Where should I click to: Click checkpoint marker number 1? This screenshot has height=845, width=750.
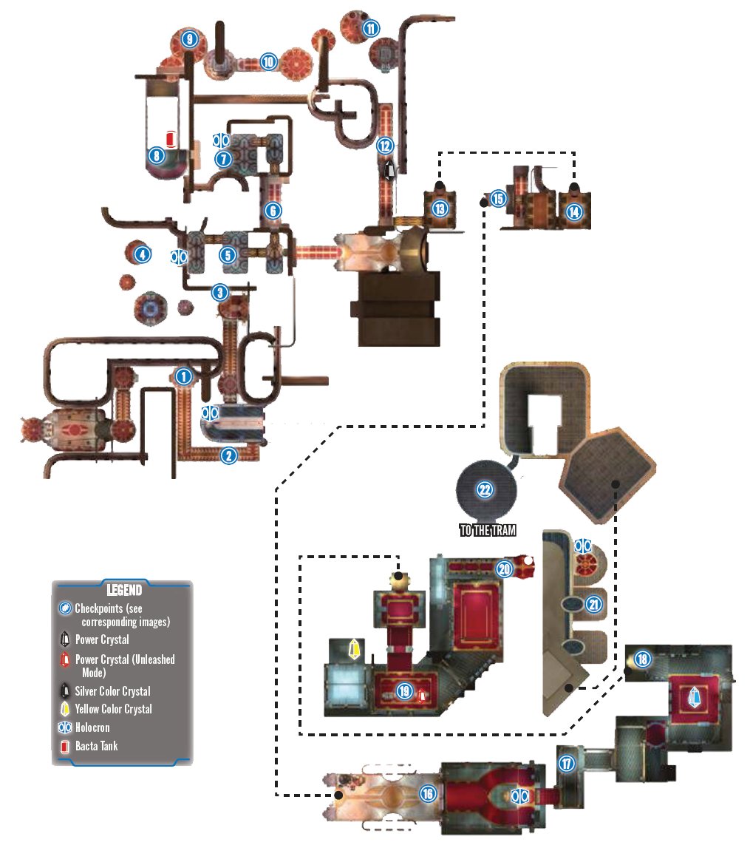184,376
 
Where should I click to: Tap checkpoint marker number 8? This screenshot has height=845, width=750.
156,156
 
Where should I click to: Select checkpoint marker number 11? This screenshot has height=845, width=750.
371,28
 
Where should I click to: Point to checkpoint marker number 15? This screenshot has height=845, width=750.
498,199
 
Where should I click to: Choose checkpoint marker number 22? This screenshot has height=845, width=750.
485,489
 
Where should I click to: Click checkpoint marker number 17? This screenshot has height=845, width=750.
566,764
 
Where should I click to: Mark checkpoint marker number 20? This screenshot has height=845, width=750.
504,569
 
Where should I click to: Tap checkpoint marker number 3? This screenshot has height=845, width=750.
220,293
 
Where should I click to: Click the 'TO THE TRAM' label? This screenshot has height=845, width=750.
488,530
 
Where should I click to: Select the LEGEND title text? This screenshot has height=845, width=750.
124,590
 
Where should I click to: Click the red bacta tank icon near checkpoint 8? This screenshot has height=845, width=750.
171,139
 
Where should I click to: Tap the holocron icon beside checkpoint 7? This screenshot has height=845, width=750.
221,140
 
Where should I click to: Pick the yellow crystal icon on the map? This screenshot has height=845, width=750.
354,649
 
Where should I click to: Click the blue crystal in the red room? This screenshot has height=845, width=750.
695,697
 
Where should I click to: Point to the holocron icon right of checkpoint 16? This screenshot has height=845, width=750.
520,796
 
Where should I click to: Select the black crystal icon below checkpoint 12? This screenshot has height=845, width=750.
389,171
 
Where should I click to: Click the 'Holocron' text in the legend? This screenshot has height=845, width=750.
92,727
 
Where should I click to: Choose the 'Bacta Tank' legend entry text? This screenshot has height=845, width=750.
97,746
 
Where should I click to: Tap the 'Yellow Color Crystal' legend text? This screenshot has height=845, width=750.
114,709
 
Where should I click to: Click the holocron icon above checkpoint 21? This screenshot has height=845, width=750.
582,546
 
